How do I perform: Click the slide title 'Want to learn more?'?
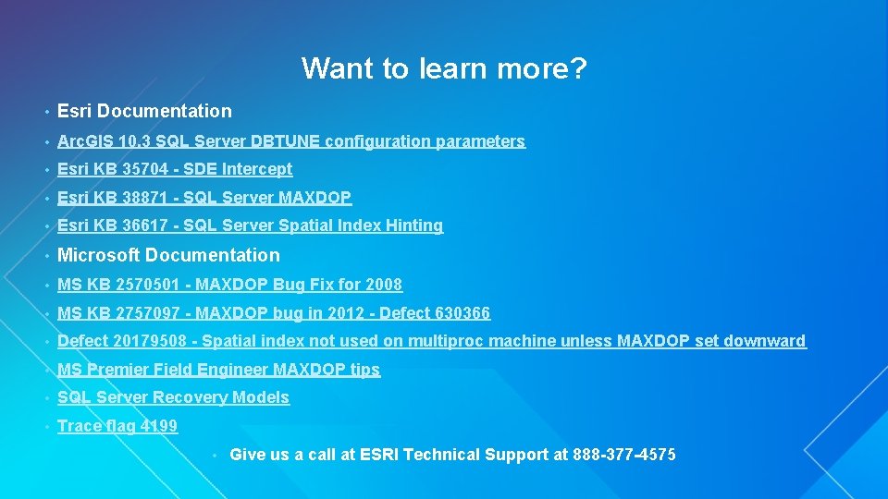[x=444, y=68]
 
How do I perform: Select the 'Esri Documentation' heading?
[x=144, y=111]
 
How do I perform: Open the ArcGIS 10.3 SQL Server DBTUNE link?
[x=290, y=141]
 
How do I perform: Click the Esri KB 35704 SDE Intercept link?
[x=175, y=169]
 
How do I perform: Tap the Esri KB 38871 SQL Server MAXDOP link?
[x=204, y=198]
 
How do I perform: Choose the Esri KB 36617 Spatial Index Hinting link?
[x=250, y=225]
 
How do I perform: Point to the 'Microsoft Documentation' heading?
[x=168, y=255]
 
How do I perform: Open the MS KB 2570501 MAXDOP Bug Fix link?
[x=229, y=285]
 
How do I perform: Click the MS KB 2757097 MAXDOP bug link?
[x=274, y=313]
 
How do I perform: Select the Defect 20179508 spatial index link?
[x=431, y=341]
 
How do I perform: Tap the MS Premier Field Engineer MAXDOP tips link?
[x=218, y=370]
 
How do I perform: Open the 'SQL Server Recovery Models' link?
[x=173, y=397]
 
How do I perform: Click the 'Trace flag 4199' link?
[x=117, y=426]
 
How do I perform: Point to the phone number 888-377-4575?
[x=624, y=455]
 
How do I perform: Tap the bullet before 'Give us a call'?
[x=215, y=456]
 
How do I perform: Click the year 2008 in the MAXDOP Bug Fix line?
[x=383, y=285]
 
